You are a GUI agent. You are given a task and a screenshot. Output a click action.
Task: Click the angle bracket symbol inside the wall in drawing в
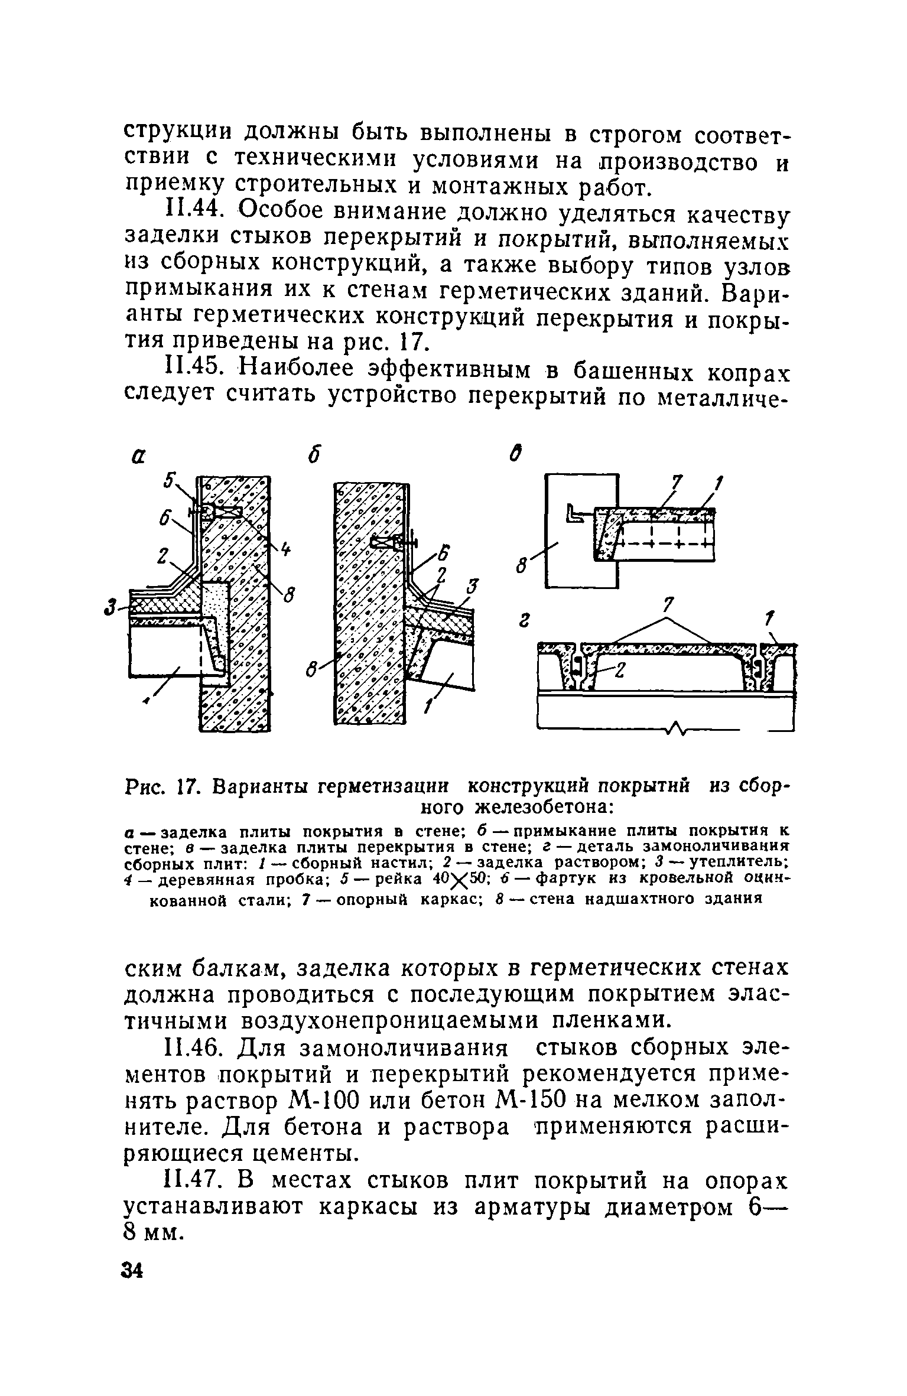pyautogui.click(x=577, y=513)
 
